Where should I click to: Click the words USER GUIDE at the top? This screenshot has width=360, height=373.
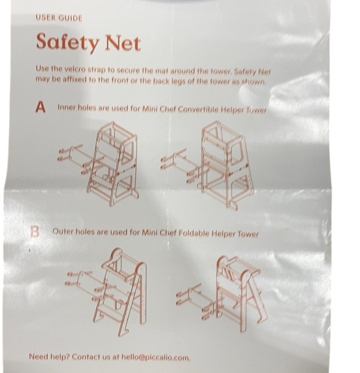[59, 18]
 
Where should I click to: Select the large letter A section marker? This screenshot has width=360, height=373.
[40, 108]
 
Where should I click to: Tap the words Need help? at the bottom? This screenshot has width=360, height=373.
[49, 356]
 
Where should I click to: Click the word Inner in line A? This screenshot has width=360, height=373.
[67, 107]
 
